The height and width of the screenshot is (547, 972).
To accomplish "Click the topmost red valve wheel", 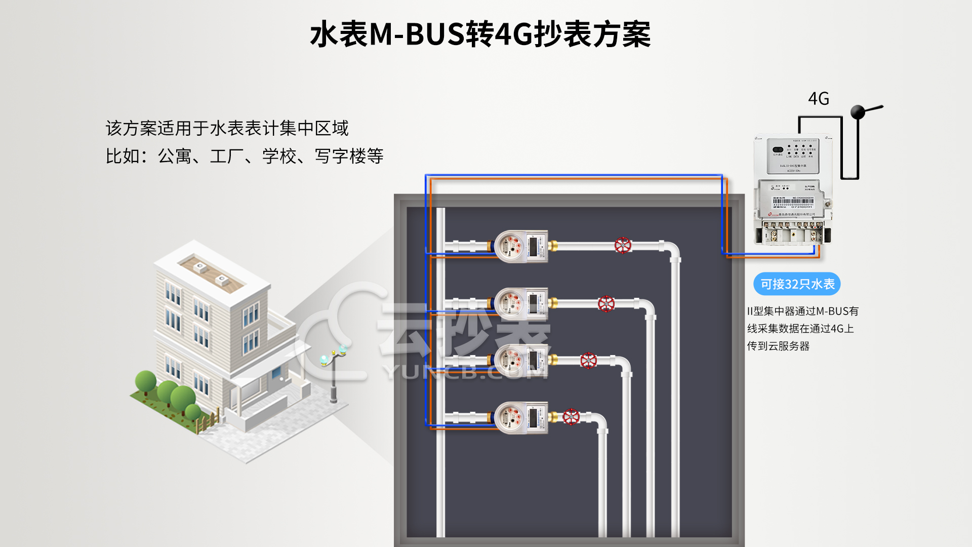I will [623, 246].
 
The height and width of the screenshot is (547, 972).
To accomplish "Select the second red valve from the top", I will [606, 303].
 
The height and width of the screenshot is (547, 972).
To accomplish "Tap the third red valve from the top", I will [588, 361].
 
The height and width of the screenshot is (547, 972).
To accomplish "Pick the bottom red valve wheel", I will [571, 417].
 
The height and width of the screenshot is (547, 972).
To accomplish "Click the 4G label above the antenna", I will [818, 99].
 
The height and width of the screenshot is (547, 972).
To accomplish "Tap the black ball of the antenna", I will [858, 112].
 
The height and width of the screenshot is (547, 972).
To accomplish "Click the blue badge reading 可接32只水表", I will [797, 284].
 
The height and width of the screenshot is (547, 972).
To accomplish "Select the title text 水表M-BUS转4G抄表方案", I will [480, 34].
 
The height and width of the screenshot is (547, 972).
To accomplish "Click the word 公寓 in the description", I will [175, 156].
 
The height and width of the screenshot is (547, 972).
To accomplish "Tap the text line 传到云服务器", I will [778, 346].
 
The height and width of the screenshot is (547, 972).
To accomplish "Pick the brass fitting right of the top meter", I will [553, 246].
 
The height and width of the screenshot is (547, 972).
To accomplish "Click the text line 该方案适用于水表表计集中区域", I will [227, 128].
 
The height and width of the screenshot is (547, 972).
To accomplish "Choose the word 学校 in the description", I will [279, 156].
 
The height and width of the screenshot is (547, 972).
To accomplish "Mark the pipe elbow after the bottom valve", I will [599, 420].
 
